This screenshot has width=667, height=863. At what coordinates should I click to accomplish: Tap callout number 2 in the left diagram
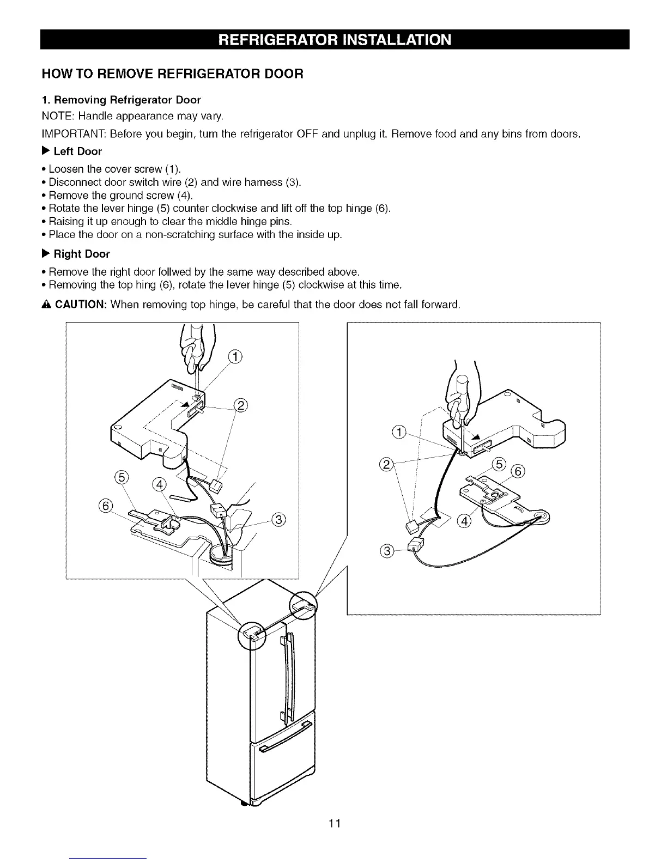point(240,404)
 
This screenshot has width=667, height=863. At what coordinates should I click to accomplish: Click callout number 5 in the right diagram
point(499,464)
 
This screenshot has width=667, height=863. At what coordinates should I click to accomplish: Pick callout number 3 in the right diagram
point(387,551)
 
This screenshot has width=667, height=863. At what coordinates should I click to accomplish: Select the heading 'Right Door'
point(81,254)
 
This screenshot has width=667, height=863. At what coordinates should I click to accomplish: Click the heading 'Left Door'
point(77,151)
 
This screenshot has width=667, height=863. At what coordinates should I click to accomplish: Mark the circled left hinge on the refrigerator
point(251,635)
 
